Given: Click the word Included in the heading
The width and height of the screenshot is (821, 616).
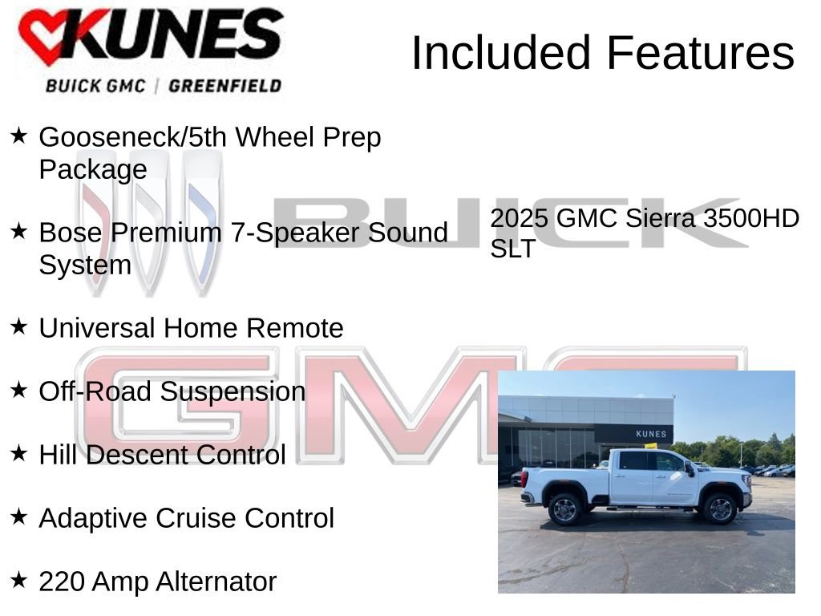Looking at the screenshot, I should point(502,53).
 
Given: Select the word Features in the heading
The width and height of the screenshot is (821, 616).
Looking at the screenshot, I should point(700,53).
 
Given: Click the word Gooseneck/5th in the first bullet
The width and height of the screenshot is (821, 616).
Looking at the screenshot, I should point(131,137).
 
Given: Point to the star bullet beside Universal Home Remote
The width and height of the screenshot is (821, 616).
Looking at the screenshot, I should point(19,326).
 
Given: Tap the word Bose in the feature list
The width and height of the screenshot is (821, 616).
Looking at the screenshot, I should point(71,233).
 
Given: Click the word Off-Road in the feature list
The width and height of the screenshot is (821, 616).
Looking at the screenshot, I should point(95,391).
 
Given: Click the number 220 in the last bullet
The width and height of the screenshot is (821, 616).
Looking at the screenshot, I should point(62,582).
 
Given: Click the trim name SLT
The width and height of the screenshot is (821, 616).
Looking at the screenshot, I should point(512,249).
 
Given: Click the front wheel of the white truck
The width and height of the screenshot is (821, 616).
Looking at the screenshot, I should point(719,509).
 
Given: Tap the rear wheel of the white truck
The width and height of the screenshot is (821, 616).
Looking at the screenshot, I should point(565,509).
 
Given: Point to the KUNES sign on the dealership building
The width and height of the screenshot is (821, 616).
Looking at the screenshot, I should point(650,434).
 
